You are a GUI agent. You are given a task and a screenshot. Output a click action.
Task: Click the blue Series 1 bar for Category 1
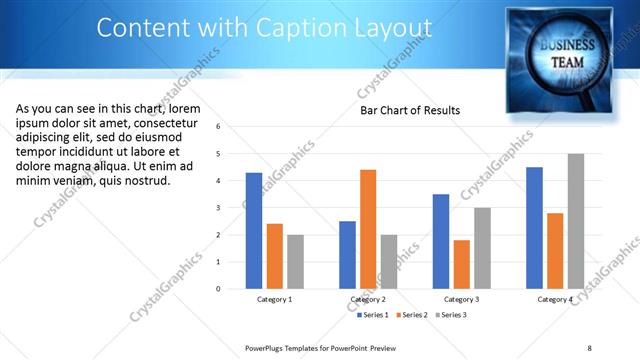tap(254, 230)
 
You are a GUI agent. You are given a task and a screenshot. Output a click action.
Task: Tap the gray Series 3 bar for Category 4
tap(576, 221)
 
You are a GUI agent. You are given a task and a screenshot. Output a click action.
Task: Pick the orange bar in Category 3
tap(461, 264)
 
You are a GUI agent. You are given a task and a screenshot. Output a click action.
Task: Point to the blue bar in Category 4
tap(534, 227)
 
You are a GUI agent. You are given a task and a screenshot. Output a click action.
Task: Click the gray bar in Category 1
tap(295, 261)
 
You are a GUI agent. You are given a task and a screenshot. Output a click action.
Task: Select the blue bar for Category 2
tap(347, 254)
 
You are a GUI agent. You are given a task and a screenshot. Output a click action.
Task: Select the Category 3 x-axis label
tap(461, 299)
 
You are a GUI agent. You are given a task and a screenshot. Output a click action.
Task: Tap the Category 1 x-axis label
tap(275, 299)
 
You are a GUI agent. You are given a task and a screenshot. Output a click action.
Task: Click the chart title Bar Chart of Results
tap(410, 110)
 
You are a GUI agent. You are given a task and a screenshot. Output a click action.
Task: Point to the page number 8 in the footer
tap(589, 347)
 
